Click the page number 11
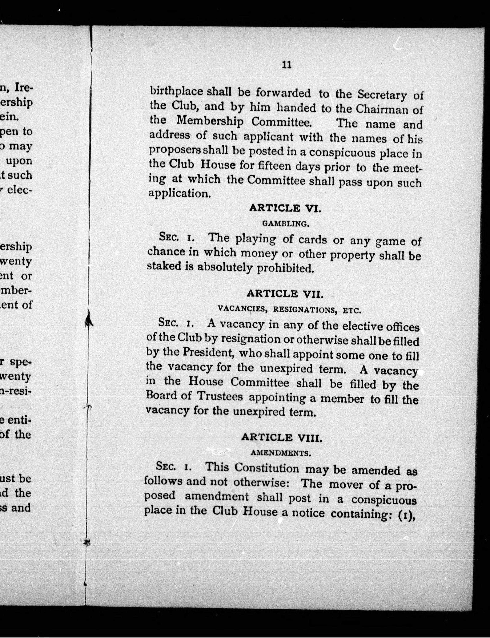287,65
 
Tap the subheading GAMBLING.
285,224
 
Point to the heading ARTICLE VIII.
282,437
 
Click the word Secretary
382,95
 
